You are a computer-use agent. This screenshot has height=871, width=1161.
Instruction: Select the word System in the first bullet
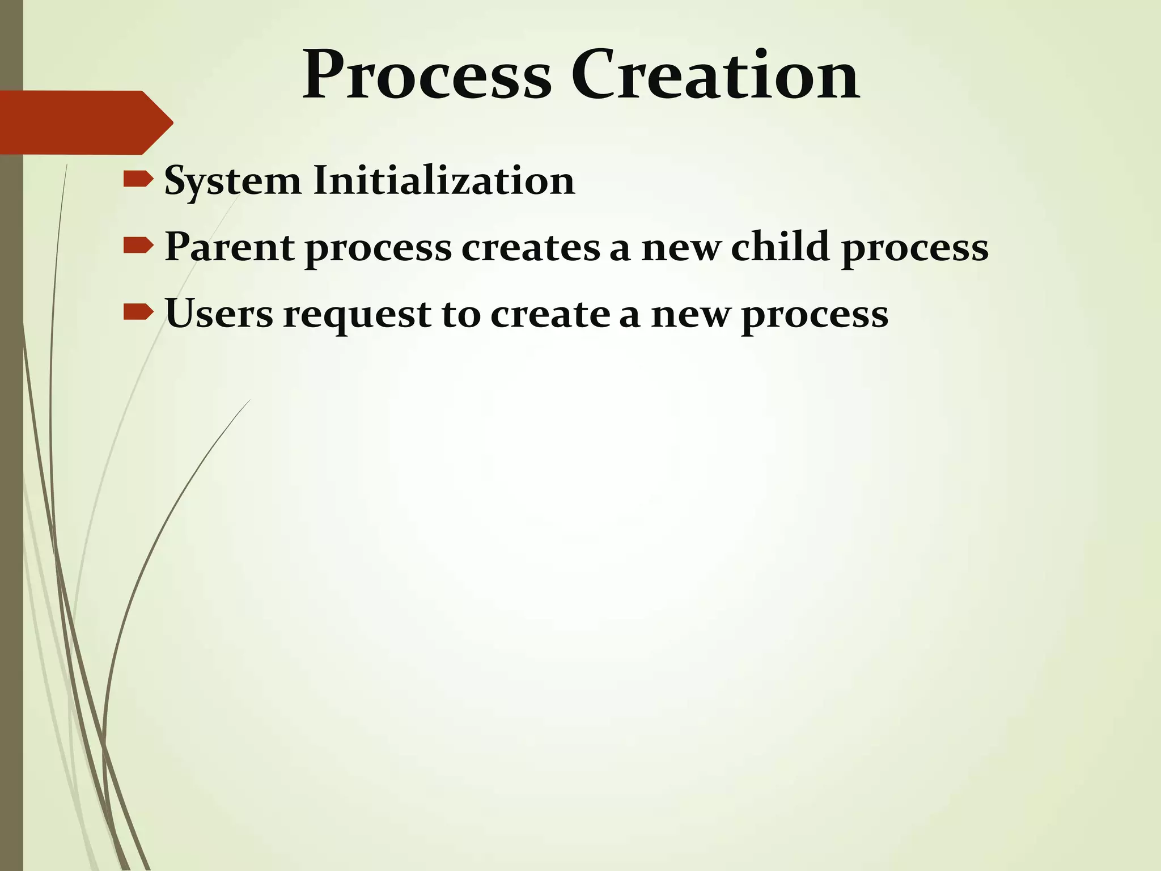(232, 181)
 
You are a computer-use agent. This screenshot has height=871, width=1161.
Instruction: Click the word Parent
(229, 247)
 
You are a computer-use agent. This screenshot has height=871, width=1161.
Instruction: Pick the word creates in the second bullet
(531, 248)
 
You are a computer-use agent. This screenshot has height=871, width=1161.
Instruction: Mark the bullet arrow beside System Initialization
(138, 179)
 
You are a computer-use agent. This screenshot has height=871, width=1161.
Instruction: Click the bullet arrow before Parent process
(138, 246)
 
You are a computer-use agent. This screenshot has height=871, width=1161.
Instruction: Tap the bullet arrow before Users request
(138, 312)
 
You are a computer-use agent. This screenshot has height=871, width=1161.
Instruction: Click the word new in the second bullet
(681, 248)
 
